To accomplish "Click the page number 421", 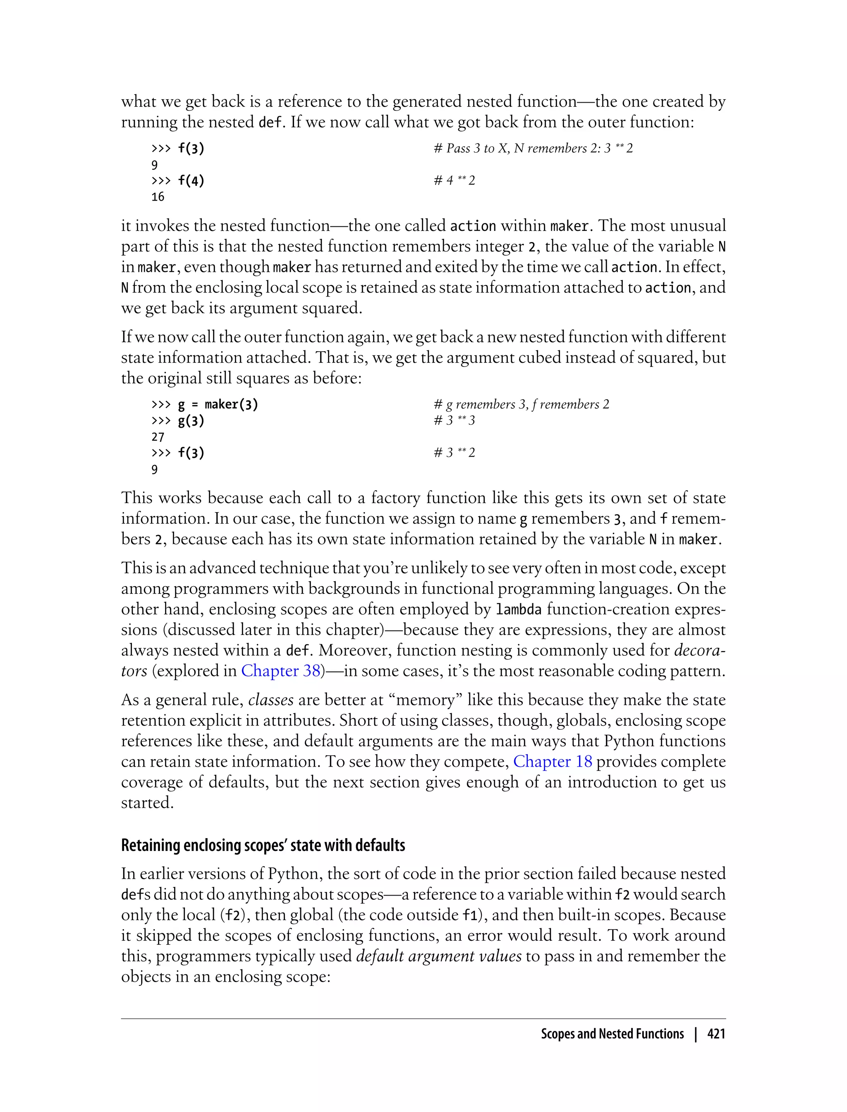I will (716, 1034).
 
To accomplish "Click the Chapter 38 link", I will (281, 671).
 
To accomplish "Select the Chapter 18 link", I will (553, 762).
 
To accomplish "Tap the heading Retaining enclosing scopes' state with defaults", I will (263, 845).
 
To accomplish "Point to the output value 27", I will (158, 437).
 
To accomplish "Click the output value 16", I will (158, 197).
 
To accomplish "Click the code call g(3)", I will (191, 421).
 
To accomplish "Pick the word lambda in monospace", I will (518, 610).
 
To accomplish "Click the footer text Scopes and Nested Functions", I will (612, 1034).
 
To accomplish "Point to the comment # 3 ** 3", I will (454, 421).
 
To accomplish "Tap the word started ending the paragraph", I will (147, 803).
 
